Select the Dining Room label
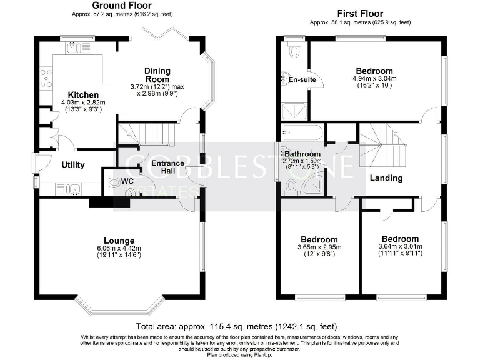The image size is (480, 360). click(157, 75)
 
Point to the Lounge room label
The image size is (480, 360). click(119, 240)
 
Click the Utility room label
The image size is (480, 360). click(74, 165)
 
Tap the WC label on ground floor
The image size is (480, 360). click(127, 181)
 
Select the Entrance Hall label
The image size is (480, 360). click(167, 167)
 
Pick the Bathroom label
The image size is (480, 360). click(302, 154)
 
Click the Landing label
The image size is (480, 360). click(386, 178)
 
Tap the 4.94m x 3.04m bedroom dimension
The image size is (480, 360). click(374, 79)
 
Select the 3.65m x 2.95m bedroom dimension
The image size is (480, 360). click(319, 247)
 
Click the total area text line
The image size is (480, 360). click(237, 326)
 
